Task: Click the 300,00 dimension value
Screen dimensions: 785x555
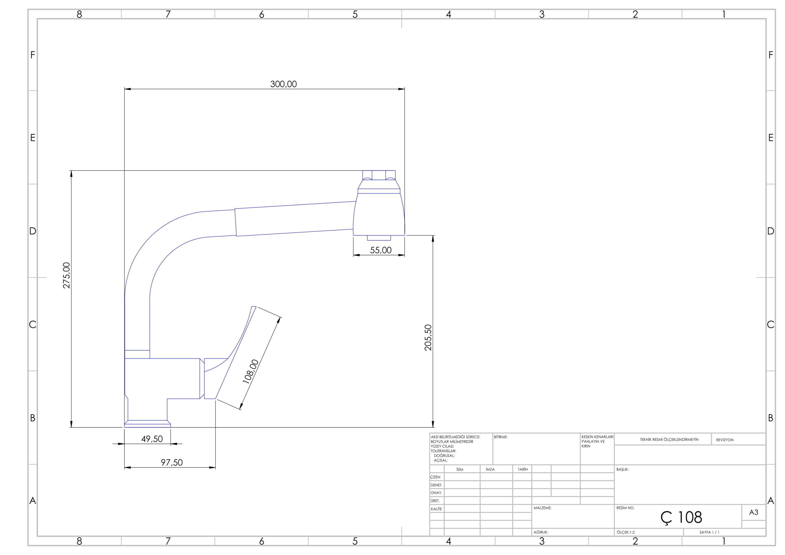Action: pos(283,84)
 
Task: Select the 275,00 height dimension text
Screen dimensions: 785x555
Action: pos(67,275)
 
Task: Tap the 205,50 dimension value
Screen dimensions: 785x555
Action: pos(428,338)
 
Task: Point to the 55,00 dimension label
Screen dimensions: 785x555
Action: pos(381,250)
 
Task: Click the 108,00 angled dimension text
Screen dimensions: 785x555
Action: pos(251,372)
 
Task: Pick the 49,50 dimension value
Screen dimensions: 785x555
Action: pos(152,439)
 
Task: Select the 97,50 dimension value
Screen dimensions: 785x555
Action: pos(172,463)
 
